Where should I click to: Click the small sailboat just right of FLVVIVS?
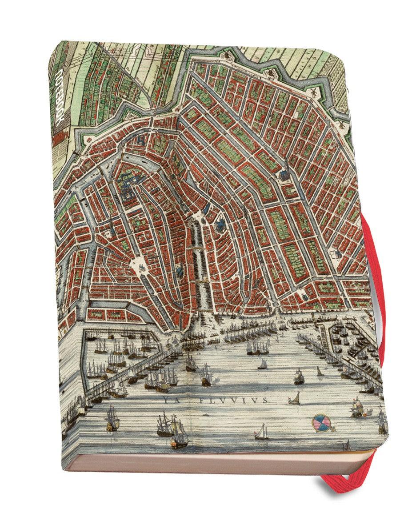(x=294, y=398)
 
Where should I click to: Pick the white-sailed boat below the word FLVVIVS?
(x=262, y=431)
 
